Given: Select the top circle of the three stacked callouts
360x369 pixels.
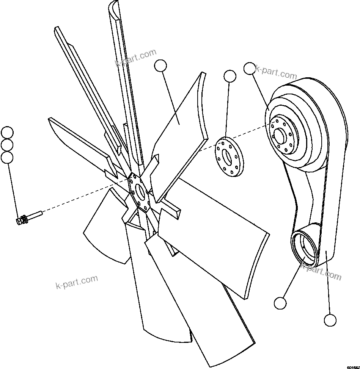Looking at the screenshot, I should coord(7,133).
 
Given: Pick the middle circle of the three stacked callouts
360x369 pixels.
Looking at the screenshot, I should coord(7,145).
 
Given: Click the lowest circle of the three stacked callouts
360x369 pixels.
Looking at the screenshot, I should coord(7,157).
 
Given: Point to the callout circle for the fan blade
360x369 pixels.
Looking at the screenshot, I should coord(160,66).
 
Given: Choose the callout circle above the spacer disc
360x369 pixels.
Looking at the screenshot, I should coord(230,76).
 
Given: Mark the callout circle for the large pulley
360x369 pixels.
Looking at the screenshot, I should coord(249,68).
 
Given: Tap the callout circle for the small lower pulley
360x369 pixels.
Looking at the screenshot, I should coord(280,303).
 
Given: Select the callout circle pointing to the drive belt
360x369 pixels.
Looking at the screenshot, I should coord(330,320).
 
